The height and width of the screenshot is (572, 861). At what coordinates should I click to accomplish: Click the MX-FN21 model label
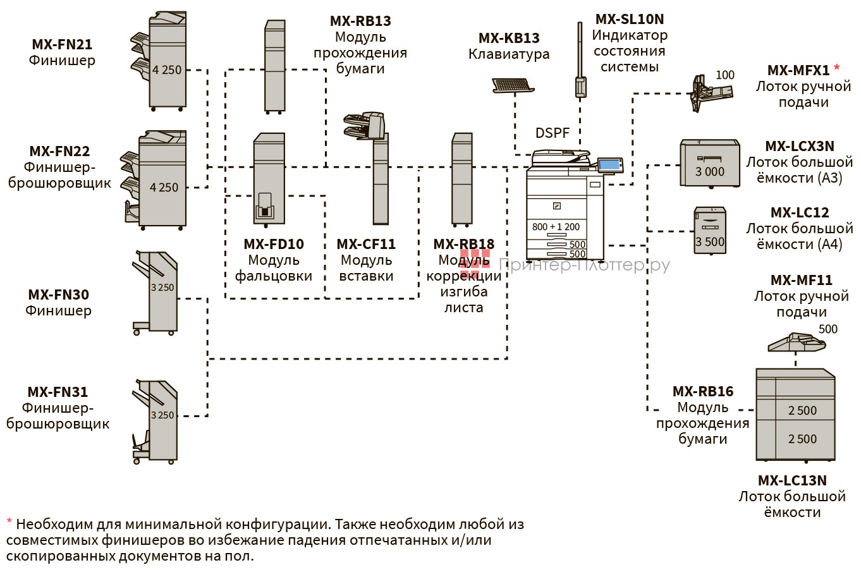click(x=62, y=44)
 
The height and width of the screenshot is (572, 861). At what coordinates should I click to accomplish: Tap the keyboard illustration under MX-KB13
click(x=511, y=85)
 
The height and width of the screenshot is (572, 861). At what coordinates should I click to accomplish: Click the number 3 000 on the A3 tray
click(x=710, y=171)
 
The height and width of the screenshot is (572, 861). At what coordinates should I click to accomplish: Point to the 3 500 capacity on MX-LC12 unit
click(x=710, y=241)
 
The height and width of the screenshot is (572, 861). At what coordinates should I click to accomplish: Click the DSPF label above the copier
click(x=552, y=133)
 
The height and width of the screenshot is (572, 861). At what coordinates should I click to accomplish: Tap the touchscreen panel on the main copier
click(x=609, y=164)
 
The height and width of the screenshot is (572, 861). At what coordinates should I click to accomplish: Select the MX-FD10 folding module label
click(x=273, y=244)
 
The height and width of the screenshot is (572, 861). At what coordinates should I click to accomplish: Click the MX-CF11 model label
click(x=366, y=244)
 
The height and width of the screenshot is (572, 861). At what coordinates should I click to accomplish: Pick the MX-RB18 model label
click(x=463, y=244)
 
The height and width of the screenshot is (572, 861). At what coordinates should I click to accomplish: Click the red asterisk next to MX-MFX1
click(x=837, y=68)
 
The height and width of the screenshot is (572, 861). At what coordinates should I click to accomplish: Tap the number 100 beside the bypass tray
click(x=724, y=75)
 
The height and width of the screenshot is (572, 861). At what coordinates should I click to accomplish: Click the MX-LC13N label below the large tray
click(x=792, y=480)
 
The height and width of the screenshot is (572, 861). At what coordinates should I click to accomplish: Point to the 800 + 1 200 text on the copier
click(x=556, y=227)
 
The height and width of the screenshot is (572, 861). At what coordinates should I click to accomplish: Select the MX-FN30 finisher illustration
click(x=156, y=292)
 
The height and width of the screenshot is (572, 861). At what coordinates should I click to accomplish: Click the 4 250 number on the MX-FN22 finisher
click(x=164, y=187)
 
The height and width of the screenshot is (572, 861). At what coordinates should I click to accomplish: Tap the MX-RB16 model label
click(x=702, y=391)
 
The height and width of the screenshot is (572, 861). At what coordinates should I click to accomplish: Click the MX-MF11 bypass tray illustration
click(x=796, y=343)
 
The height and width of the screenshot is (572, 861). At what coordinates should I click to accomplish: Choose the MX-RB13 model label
click(x=360, y=21)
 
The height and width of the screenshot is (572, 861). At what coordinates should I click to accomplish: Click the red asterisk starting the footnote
click(x=9, y=522)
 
